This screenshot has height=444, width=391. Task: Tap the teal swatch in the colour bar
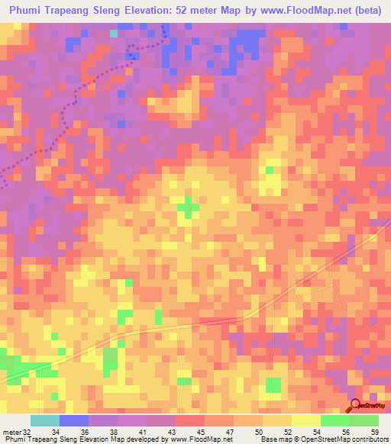click(44, 420)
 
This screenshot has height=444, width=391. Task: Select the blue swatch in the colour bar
click(74, 420)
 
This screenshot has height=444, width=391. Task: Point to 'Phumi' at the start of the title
click(27, 10)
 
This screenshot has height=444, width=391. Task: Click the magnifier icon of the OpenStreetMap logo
click(355, 406)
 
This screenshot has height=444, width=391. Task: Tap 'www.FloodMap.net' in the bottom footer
click(199, 439)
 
